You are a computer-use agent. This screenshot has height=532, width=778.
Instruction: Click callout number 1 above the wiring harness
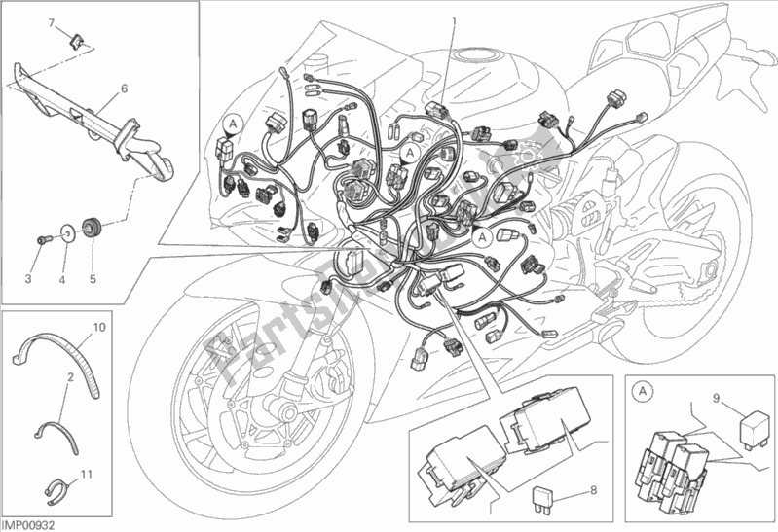pyautogui.click(x=452, y=19)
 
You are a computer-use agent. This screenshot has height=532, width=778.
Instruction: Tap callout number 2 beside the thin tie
pyautogui.click(x=70, y=377)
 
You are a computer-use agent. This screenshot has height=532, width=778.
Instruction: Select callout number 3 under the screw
pyautogui.click(x=28, y=279)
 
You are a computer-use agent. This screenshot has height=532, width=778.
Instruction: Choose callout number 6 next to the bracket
pyautogui.click(x=124, y=89)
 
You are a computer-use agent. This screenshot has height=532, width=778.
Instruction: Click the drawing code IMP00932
pyautogui.click(x=28, y=524)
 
